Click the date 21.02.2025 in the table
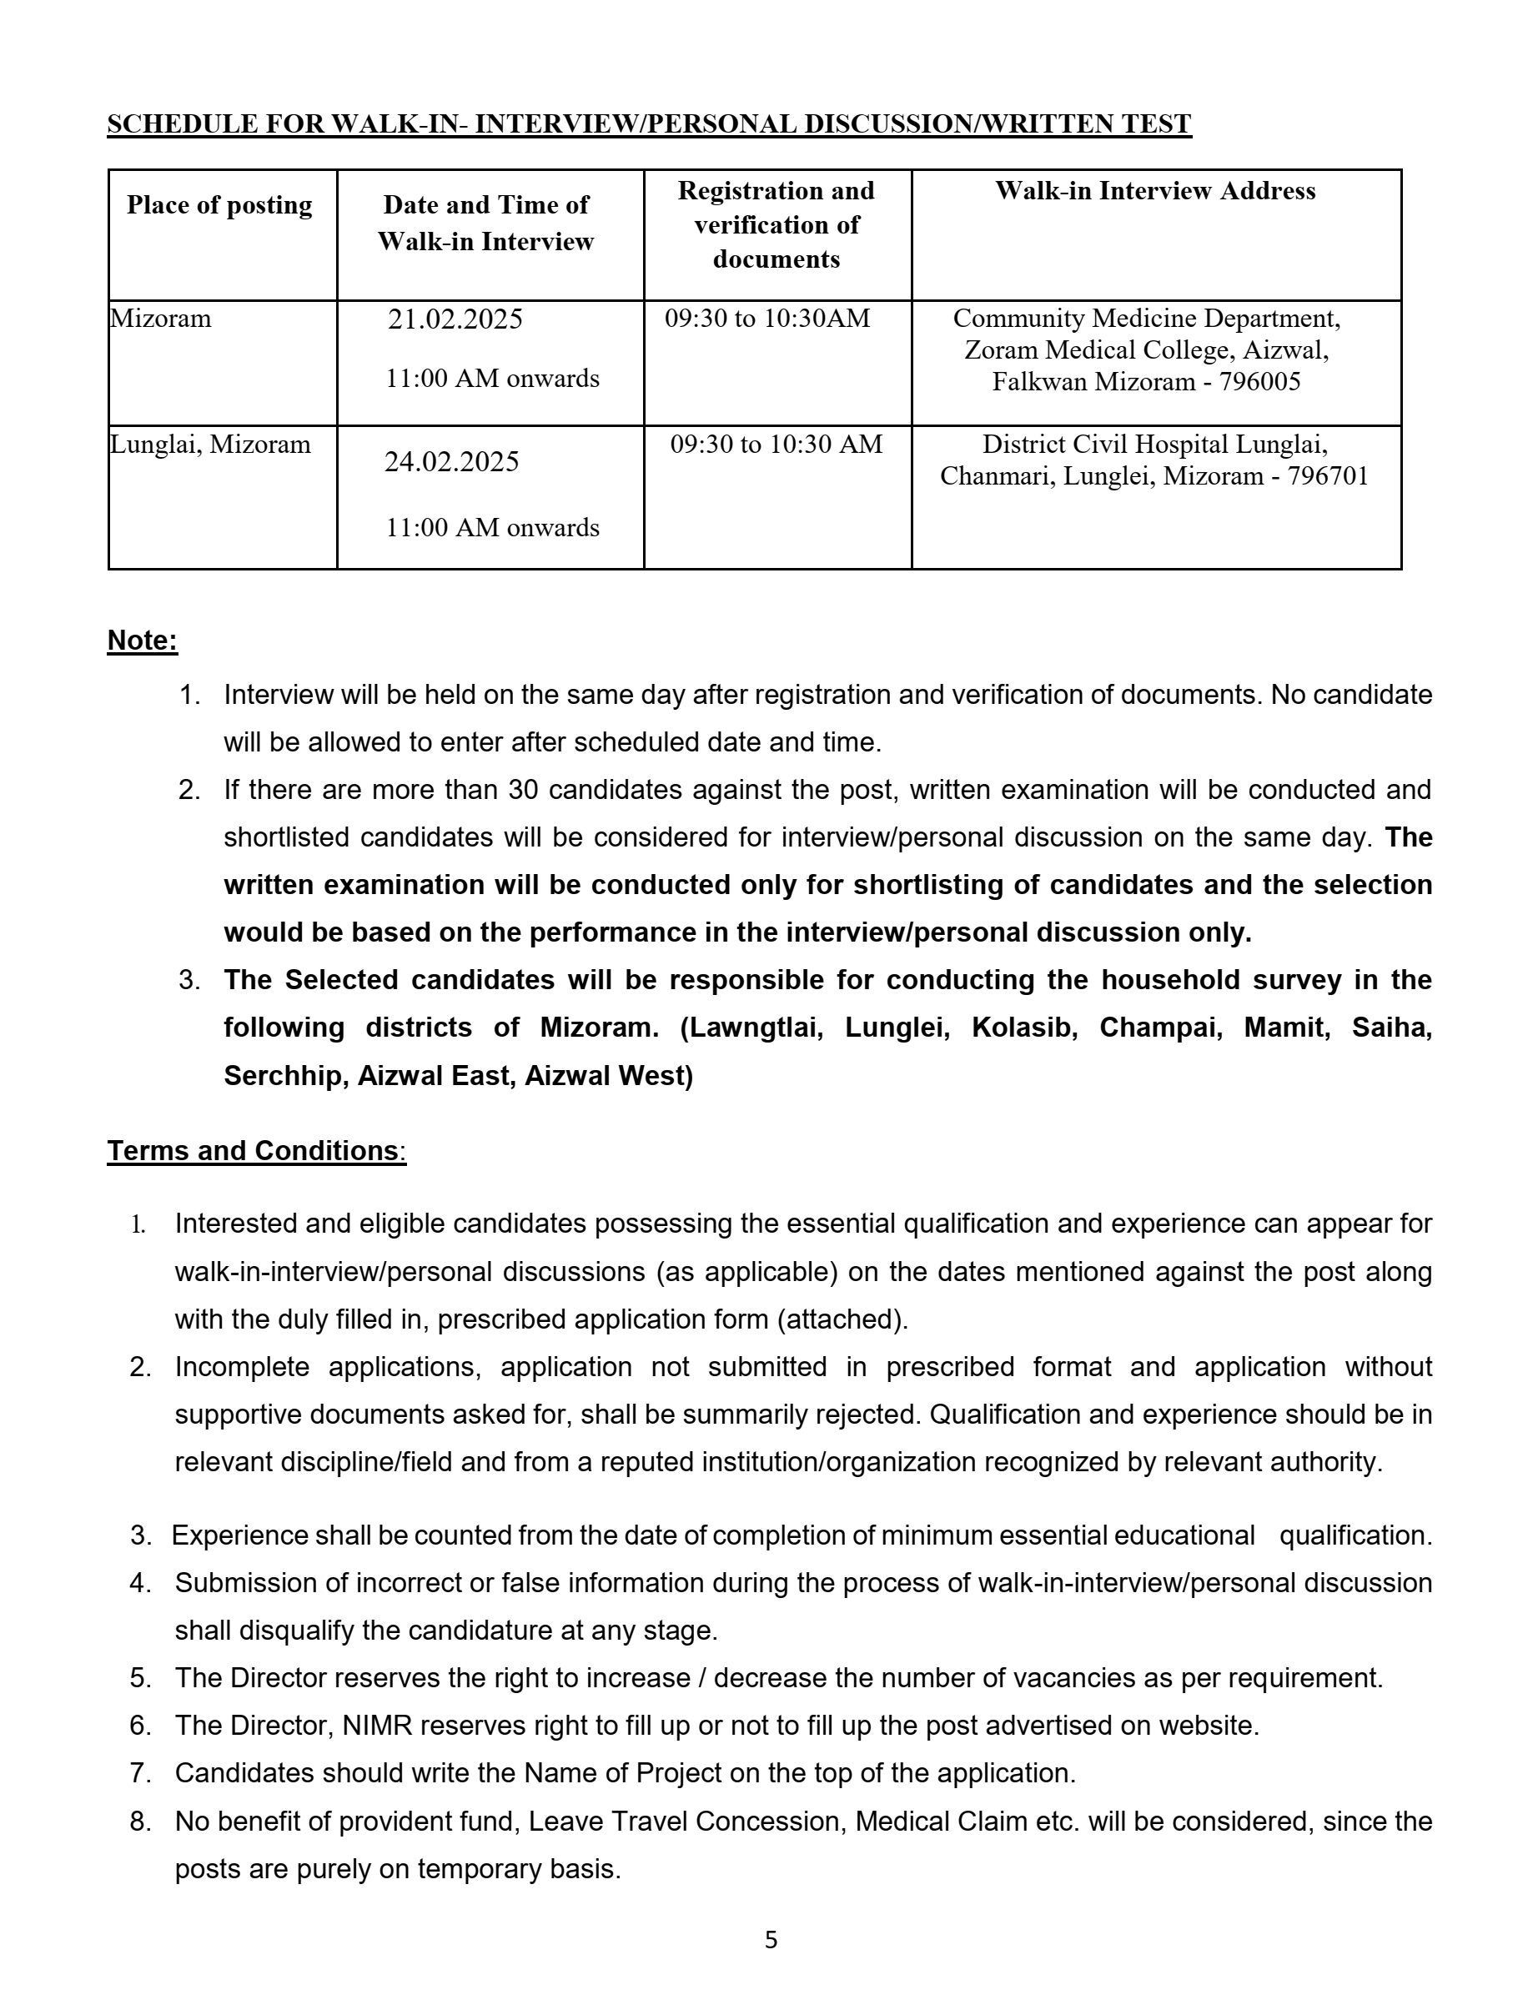click(x=455, y=319)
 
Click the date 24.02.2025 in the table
click(x=451, y=462)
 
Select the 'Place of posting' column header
click(x=219, y=205)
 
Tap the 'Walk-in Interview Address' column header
click(x=1154, y=190)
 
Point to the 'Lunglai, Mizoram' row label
click(x=210, y=445)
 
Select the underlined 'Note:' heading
click(x=142, y=641)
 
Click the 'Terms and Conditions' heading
click(x=254, y=1151)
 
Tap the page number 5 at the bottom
click(x=771, y=1940)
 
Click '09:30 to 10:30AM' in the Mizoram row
click(x=767, y=319)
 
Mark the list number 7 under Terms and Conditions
click(x=139, y=1773)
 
